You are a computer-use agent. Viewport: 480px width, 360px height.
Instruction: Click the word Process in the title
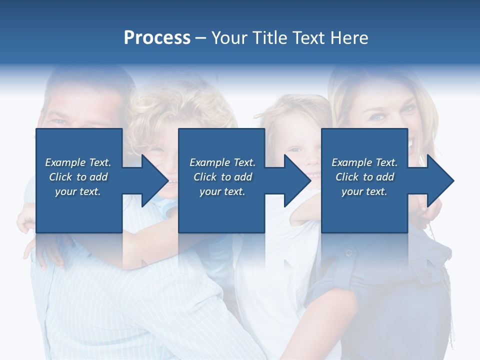tap(157, 38)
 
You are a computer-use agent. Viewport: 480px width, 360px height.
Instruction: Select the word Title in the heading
tap(271, 38)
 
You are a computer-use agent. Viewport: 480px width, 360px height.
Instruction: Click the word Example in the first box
tap(65, 162)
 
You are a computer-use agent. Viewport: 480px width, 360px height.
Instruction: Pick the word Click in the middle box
tap(204, 177)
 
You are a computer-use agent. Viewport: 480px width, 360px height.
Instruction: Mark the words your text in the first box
tap(78, 191)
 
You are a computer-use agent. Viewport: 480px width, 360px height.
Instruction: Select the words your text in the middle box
tap(222, 191)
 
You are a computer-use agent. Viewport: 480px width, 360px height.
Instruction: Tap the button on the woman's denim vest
tap(348, 252)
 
